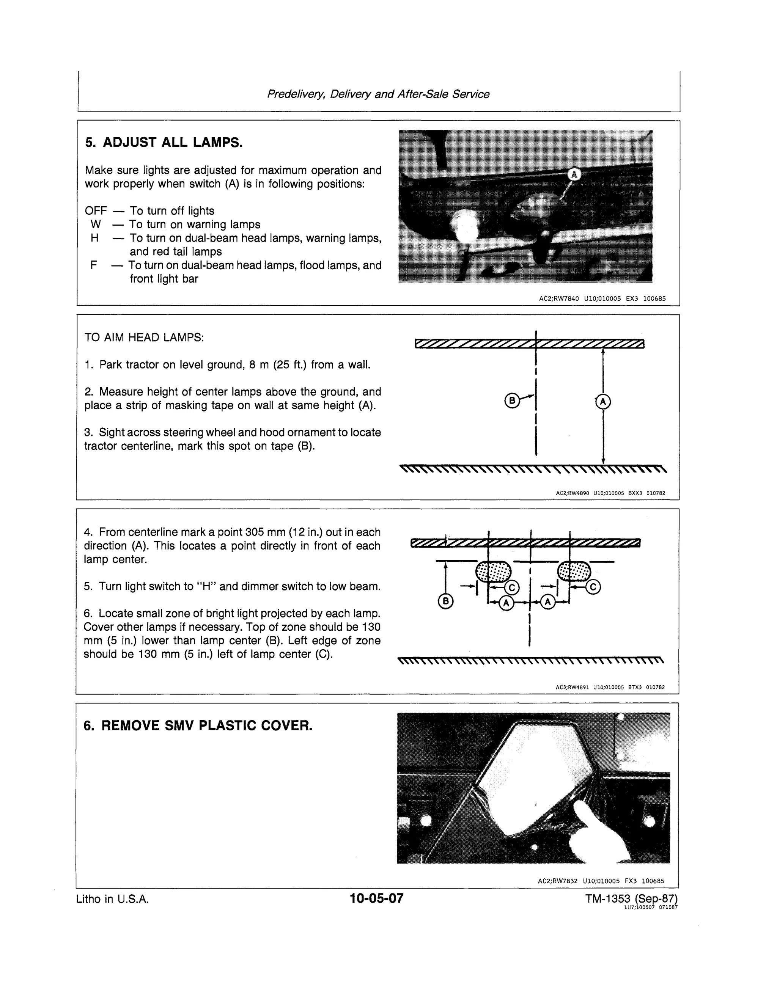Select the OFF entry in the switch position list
click(96, 211)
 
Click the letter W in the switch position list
click(96, 225)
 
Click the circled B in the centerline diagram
click(511, 400)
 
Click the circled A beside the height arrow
click(603, 402)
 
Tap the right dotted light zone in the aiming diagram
click(574, 572)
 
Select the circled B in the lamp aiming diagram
click(445, 601)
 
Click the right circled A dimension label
click(548, 602)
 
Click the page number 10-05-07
click(376, 898)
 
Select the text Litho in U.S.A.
click(112, 899)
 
